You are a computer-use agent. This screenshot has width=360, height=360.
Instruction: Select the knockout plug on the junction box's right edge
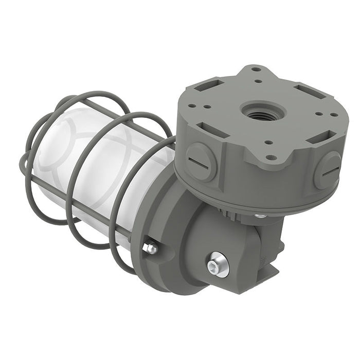[x=327, y=170]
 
